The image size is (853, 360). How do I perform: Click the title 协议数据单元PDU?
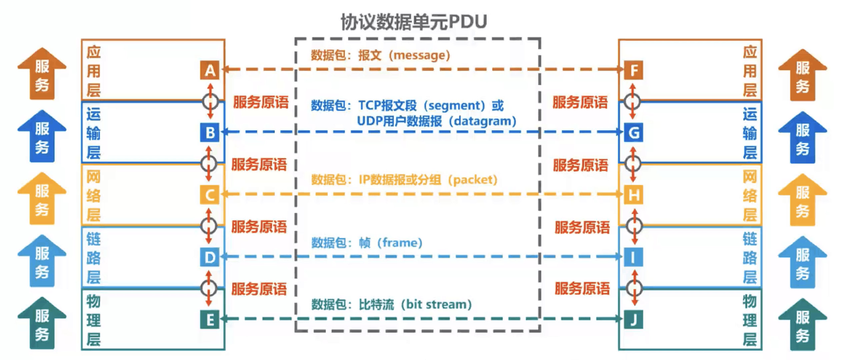click(413, 22)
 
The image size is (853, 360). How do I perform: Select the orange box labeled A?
click(210, 70)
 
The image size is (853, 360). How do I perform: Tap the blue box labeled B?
click(210, 133)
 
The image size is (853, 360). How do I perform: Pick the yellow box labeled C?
click(210, 195)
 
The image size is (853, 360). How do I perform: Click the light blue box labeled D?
click(210, 257)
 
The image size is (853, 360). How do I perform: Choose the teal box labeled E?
click(210, 320)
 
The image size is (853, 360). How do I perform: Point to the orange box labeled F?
click(634, 70)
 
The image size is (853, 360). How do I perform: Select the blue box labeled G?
click(634, 133)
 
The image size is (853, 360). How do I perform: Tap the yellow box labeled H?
click(634, 195)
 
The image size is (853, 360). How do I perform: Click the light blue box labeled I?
click(634, 257)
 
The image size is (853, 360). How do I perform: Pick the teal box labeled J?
click(634, 320)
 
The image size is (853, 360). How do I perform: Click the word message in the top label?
click(421, 55)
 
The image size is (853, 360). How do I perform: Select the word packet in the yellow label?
click(473, 180)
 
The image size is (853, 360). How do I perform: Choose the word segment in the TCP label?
click(456, 106)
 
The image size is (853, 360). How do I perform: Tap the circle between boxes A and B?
click(210, 101)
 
